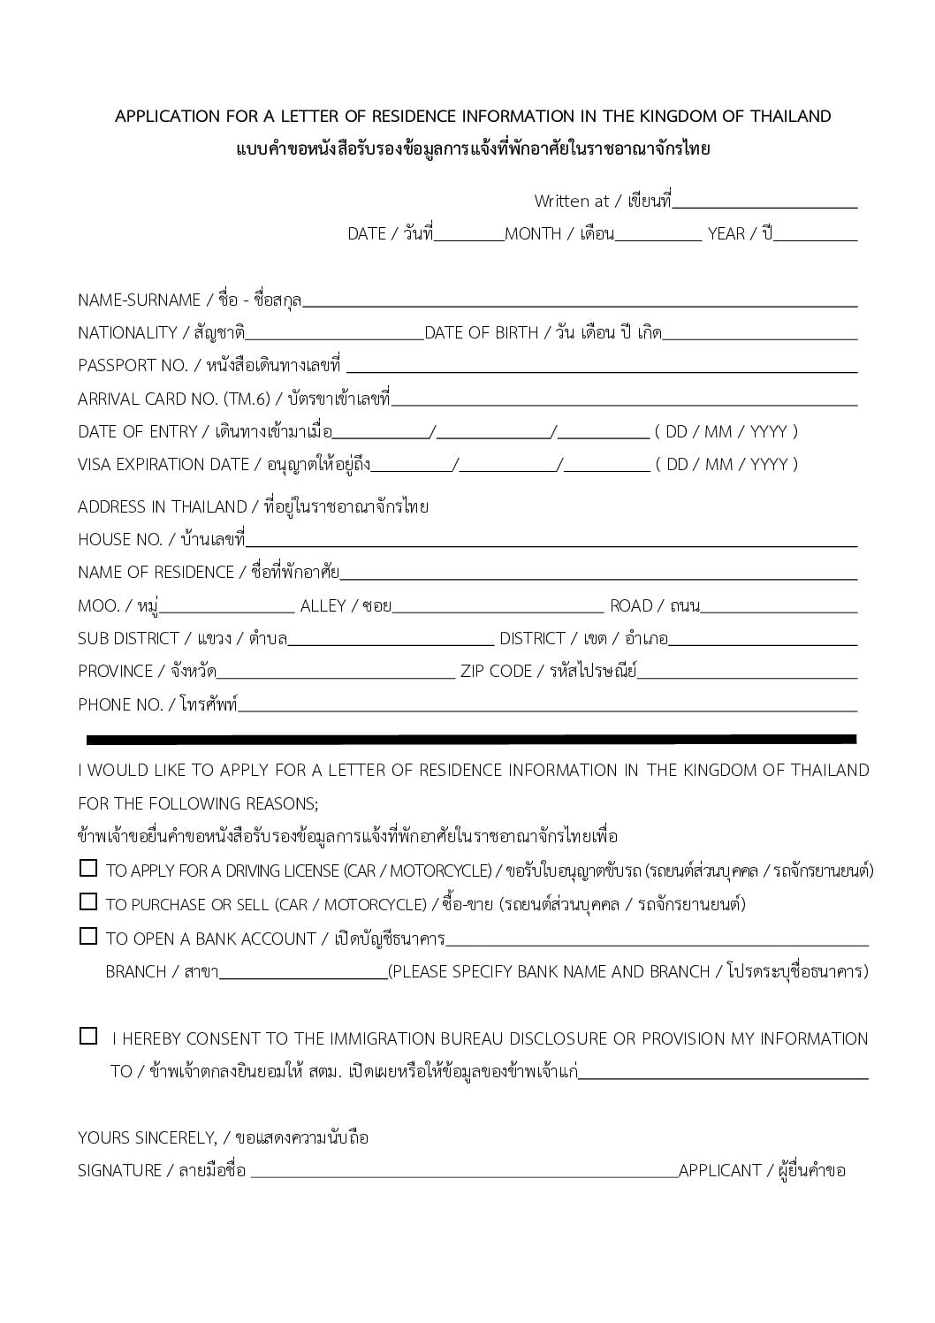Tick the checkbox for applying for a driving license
87,869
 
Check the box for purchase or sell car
87,902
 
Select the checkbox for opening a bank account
87,936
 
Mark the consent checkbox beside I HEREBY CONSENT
87,1036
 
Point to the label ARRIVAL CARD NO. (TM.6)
173,399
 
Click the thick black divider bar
471,739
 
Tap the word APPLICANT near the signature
719,1170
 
